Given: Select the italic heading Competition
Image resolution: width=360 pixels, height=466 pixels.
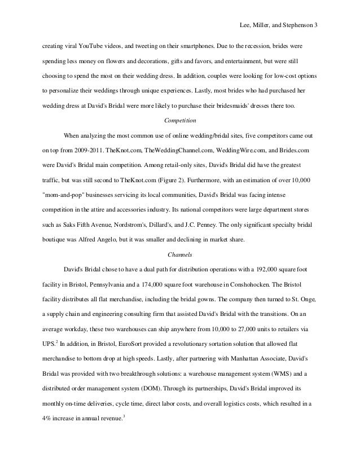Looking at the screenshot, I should tap(180, 120).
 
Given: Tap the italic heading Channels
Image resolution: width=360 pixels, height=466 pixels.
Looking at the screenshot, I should tap(180, 254).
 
